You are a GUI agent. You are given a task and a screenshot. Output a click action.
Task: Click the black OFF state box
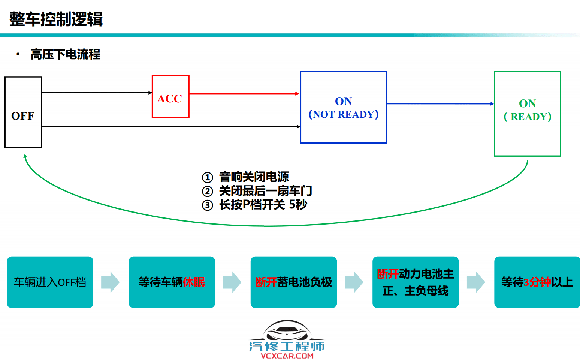[x=23, y=112]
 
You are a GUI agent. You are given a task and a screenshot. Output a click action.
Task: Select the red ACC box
[x=170, y=96]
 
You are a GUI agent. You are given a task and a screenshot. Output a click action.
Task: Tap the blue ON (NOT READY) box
[x=343, y=107]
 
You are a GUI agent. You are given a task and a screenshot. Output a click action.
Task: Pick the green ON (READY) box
[x=527, y=114]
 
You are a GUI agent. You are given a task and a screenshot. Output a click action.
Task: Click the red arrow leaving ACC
[x=244, y=93]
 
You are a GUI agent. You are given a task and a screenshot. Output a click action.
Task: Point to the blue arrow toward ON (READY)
[x=440, y=103]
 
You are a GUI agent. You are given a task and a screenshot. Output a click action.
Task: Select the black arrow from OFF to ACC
[x=97, y=92]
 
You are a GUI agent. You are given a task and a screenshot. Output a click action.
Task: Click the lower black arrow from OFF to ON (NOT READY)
[x=170, y=127]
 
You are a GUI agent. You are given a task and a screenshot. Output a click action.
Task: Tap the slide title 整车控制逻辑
[x=56, y=19]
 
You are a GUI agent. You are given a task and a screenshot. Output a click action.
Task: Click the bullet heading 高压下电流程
[x=65, y=54]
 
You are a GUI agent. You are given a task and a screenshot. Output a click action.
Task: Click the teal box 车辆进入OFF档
[x=50, y=282]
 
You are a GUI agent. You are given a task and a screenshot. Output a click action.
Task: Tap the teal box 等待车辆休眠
[x=172, y=282]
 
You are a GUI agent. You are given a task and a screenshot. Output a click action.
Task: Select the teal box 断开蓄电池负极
[x=293, y=282]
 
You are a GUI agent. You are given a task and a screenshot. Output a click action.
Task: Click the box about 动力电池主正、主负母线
[x=415, y=282]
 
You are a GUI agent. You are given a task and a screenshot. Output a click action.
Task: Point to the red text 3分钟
[x=537, y=282]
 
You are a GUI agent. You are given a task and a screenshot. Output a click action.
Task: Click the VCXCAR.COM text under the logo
[x=287, y=356]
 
